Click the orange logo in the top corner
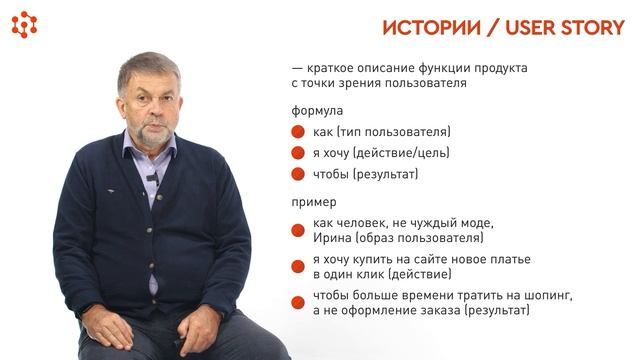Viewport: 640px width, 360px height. point(24,24)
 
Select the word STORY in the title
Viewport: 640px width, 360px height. point(588,27)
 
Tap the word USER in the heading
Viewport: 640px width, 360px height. point(526,27)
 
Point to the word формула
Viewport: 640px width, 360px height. point(317,110)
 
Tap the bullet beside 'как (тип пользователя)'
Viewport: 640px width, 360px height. point(297,132)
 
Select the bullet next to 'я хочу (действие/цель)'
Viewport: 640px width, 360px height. point(297,153)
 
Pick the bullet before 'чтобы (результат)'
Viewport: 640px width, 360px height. point(297,174)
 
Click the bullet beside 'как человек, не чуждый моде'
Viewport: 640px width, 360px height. point(297,230)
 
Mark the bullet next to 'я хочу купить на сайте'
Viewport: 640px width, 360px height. point(297,266)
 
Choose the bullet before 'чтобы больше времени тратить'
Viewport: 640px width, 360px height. point(297,302)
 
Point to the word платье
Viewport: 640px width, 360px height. point(508,259)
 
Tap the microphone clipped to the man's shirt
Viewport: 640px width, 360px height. point(152,179)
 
